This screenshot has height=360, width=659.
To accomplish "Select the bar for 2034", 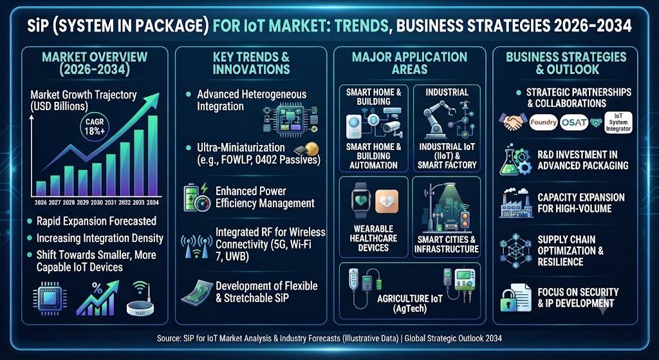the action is [153, 156].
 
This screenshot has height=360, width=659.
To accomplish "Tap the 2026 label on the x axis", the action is [41, 202].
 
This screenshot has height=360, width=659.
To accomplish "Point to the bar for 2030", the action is [97, 179].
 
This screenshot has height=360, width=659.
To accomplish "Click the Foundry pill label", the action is [543, 122].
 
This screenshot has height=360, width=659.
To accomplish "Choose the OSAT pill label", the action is [573, 122].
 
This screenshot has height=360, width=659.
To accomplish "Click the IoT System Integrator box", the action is [618, 122].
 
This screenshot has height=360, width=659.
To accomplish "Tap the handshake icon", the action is [513, 122].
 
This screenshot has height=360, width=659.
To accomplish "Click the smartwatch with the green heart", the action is [361, 200].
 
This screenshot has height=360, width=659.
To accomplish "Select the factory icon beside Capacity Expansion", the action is [514, 204].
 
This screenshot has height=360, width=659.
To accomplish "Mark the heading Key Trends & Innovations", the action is [251, 62].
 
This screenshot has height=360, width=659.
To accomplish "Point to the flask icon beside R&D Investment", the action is [508, 162].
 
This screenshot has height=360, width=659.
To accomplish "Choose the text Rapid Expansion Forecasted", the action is [97, 221].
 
